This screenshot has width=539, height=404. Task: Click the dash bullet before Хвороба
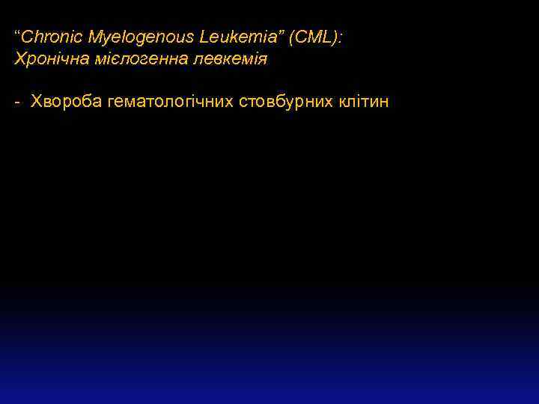tap(17, 102)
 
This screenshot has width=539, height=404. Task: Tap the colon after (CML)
tap(339, 37)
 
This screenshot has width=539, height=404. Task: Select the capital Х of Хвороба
tap(34, 102)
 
